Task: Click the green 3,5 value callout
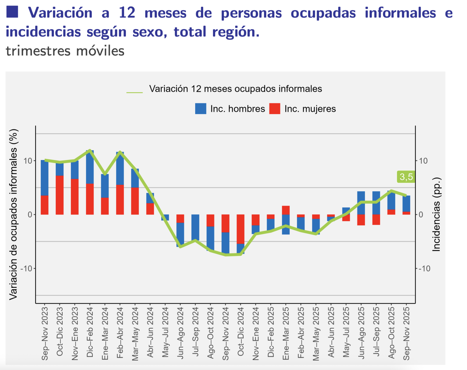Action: tap(406, 177)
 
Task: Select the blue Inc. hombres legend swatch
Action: tap(201, 109)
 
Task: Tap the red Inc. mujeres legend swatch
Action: tap(275, 109)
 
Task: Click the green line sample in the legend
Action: tap(134, 92)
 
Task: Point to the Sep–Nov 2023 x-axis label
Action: tap(45, 333)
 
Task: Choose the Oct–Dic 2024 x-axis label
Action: tap(240, 333)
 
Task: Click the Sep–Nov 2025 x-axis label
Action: tap(406, 333)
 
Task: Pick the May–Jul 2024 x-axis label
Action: tap(165, 333)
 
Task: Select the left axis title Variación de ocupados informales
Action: tap(13, 214)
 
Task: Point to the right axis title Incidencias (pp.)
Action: tap(436, 214)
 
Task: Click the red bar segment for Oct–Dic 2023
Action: tap(60, 195)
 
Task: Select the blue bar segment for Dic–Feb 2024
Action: tap(90, 167)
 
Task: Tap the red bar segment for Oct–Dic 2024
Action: tap(240, 229)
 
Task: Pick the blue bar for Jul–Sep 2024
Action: tap(195, 227)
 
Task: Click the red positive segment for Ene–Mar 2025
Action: tap(286, 210)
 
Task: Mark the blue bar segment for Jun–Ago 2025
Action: tap(361, 203)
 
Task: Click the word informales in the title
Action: tap(400, 13)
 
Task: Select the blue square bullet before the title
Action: tap(12, 12)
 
